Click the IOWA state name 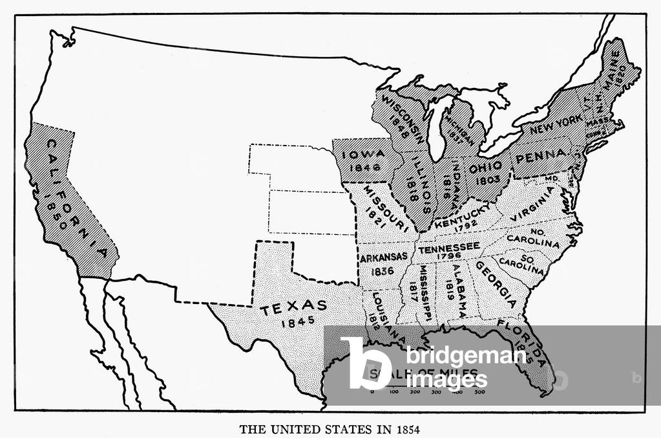coord(364,154)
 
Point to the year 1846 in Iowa coord(364,168)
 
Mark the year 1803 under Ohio coord(488,181)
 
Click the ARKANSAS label coord(383,257)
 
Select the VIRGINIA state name coord(532,204)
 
